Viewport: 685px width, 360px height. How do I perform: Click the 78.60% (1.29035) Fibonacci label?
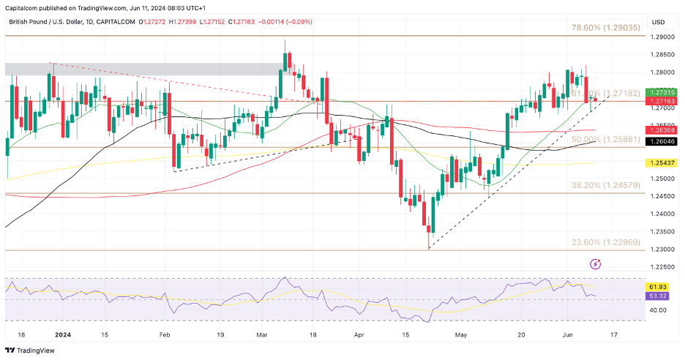click(605, 27)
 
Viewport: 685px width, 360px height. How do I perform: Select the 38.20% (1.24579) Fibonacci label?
click(605, 186)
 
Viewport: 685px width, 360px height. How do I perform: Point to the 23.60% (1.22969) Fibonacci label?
click(605, 242)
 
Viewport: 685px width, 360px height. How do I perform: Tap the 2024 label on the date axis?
click(62, 335)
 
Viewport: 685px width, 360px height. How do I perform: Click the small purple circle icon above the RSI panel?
click(594, 263)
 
